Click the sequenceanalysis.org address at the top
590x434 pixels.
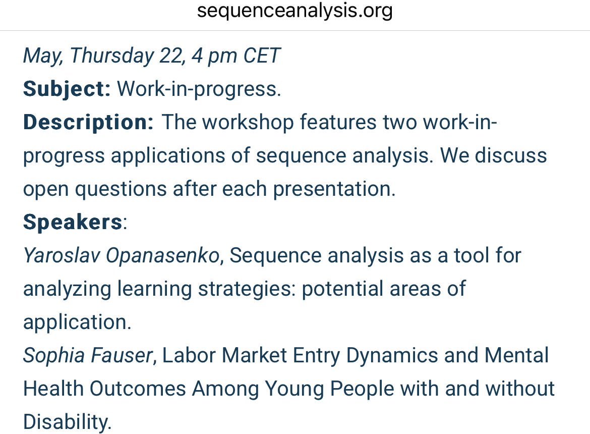[x=295, y=11]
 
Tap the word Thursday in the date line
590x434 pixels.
[x=112, y=56]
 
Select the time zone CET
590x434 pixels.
[x=262, y=56]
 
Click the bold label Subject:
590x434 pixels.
[x=67, y=89]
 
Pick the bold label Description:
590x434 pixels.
[x=88, y=123]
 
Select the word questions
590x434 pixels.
[x=121, y=189]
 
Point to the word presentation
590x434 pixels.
[x=334, y=189]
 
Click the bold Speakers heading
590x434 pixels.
[x=73, y=222]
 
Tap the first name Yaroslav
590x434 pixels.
[x=62, y=255]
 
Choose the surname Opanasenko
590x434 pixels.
[x=163, y=255]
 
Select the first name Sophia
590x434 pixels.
[x=54, y=356]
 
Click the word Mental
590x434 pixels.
[x=516, y=355]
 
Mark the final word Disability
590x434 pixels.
[x=68, y=422]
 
